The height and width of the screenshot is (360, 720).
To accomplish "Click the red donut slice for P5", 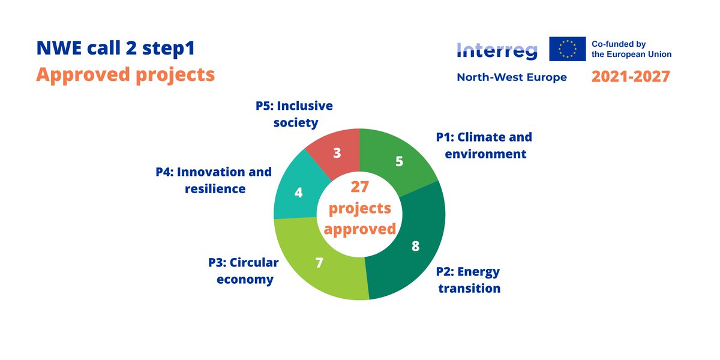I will tap(336, 150).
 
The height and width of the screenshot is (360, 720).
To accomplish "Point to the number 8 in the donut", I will tap(415, 246).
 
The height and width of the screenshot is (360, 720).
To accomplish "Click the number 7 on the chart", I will tap(319, 263).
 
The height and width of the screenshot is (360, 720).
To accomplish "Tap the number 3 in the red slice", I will tap(337, 153).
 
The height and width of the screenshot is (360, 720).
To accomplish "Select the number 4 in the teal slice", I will tap(298, 193).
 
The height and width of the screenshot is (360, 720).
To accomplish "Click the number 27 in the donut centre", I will tap(359, 187).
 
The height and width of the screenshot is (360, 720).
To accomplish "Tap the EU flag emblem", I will tap(567, 49).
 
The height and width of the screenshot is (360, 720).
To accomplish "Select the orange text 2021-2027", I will tap(631, 77).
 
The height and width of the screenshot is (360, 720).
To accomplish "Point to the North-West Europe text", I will tap(511, 77).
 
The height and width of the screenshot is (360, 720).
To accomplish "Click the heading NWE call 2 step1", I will tap(116, 49).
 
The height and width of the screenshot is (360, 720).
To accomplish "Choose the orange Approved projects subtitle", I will tap(125, 74).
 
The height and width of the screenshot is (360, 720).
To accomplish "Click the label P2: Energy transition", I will tap(468, 280).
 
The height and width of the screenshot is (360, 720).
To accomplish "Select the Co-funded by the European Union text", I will tap(631, 49).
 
